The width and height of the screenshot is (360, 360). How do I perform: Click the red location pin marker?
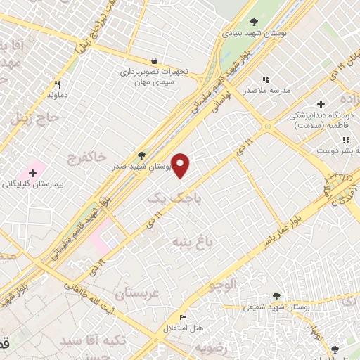click(181, 165)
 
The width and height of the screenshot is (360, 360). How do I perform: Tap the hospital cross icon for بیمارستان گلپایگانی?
click(32, 172)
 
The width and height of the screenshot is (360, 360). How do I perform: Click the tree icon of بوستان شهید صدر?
click(141, 155)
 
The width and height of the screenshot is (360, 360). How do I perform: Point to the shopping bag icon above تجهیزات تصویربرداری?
click(154, 60)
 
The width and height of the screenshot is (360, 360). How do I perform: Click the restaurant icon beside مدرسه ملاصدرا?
click(266, 80)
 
